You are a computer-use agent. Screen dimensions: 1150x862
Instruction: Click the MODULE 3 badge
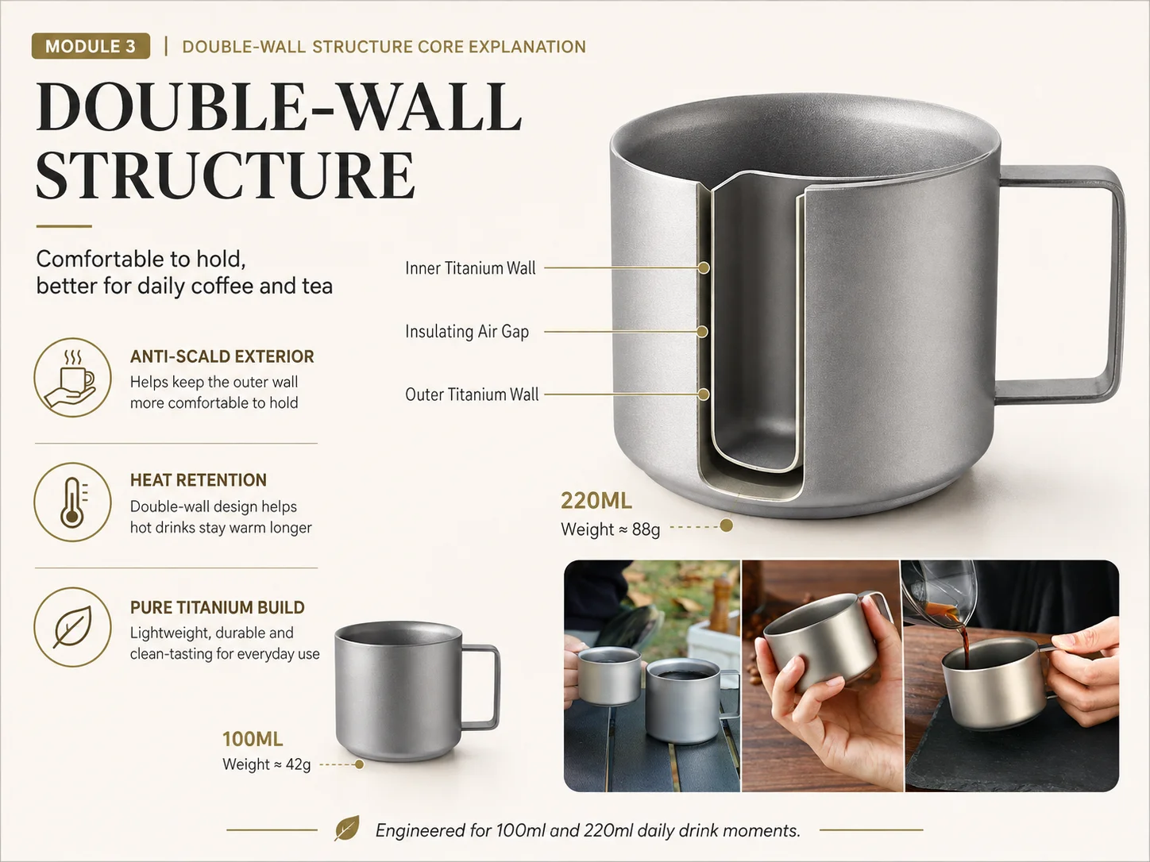pos(91,46)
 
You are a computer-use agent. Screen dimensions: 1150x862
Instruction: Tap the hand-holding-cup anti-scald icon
pos(73,377)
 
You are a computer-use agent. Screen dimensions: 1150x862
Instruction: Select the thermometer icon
pos(73,502)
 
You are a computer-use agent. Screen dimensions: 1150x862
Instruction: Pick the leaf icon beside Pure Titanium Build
pos(73,627)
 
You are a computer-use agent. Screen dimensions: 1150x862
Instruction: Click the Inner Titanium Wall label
pos(470,268)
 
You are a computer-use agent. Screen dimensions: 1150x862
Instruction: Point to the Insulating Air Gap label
pos(467,331)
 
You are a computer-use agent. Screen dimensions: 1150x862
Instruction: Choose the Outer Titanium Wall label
pos(472,394)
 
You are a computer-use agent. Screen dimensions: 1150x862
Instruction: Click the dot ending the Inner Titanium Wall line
pos(704,268)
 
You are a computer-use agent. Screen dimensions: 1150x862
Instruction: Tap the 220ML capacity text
pos(596,501)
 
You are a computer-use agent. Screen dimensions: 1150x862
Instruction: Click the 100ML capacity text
pos(253,739)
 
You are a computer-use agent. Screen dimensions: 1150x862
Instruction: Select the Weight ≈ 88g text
pos(611,529)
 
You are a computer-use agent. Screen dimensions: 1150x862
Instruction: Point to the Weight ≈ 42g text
pos(267,764)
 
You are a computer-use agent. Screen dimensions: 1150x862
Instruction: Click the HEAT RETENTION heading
pos(199,480)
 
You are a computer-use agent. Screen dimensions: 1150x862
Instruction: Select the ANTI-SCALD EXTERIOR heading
pos(222,356)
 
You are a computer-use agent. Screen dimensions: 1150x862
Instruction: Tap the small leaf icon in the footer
pos(347,828)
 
